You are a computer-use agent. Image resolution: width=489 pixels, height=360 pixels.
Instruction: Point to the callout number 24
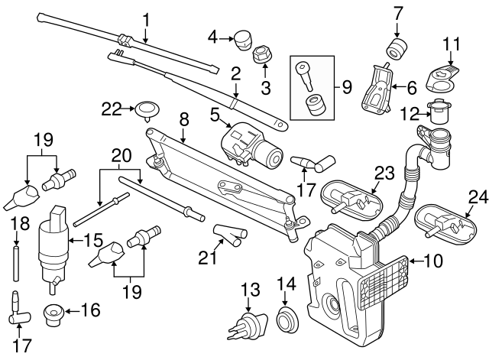coord(477,197)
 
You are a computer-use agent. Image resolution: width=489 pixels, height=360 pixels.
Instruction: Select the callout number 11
coord(452,44)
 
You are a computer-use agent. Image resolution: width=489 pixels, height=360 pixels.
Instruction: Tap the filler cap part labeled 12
coord(439,113)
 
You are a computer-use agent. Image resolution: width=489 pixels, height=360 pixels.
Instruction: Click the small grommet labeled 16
coord(54,312)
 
